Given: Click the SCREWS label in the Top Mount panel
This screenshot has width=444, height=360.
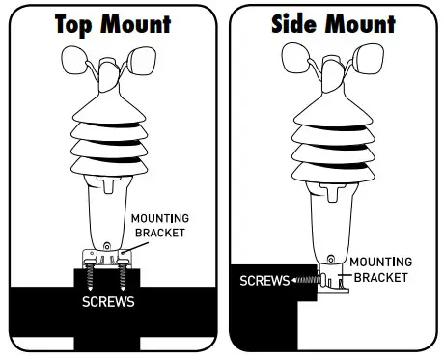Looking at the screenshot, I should pyautogui.click(x=108, y=301).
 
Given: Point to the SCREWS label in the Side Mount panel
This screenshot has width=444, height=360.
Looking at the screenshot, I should pyautogui.click(x=264, y=281).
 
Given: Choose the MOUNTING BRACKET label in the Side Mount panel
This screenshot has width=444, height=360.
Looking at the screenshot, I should pyautogui.click(x=380, y=268).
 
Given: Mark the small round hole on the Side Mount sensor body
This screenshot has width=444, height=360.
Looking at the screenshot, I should pyautogui.click(x=331, y=258).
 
